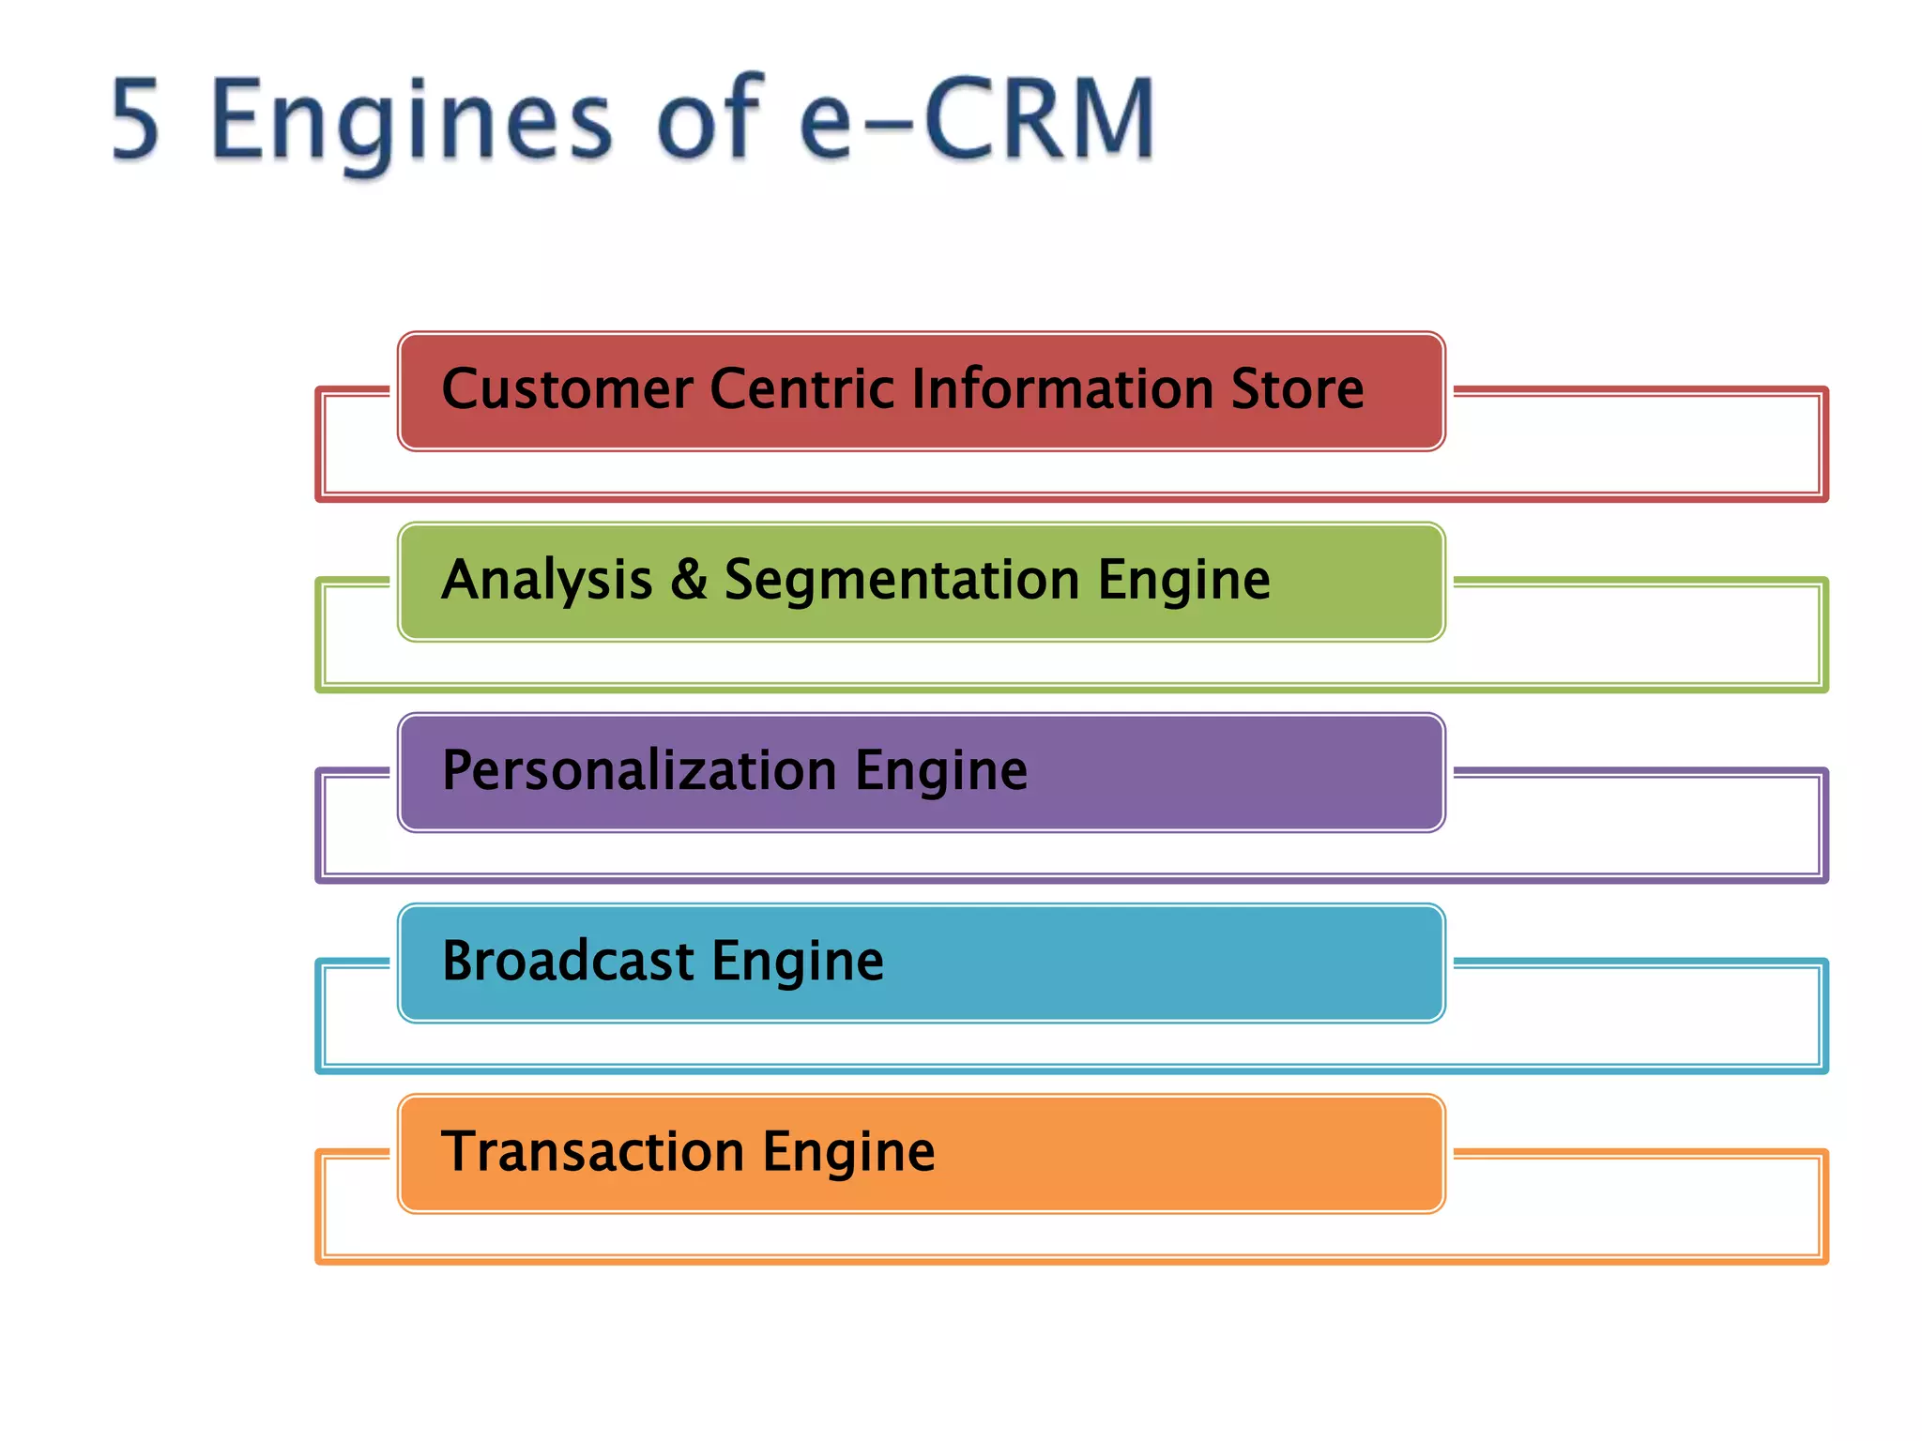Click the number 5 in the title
point(136,120)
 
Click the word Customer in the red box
point(567,389)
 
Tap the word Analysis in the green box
point(546,580)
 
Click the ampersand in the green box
point(689,580)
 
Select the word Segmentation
point(902,582)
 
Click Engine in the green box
point(1184,582)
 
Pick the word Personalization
point(639,771)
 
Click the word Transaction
point(593,1152)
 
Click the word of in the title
point(709,120)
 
